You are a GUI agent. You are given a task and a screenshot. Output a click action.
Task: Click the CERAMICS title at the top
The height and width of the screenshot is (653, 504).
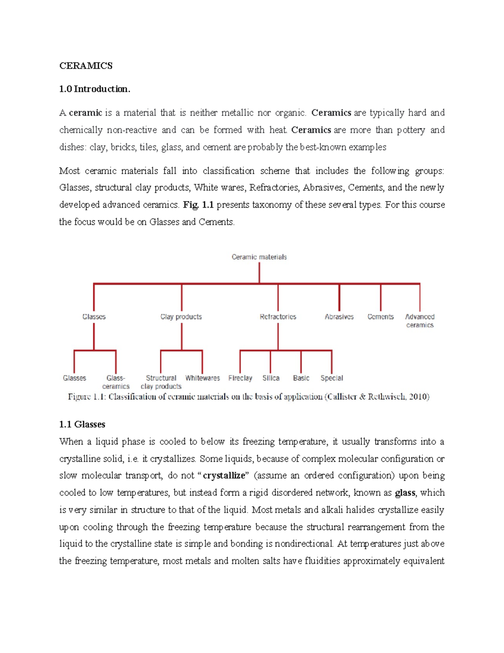[86, 66]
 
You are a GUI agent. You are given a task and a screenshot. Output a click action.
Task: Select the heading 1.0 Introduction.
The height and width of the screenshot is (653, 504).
[95, 89]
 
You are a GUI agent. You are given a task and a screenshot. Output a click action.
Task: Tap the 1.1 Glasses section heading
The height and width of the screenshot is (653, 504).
[82, 424]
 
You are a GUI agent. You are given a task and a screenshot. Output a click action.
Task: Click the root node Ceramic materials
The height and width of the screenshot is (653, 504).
[259, 257]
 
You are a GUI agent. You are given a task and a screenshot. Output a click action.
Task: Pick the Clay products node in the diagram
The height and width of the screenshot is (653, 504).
[181, 317]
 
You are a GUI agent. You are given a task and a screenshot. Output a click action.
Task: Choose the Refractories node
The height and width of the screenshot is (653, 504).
[278, 317]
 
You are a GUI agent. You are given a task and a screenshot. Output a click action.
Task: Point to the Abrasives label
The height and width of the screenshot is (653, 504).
[339, 317]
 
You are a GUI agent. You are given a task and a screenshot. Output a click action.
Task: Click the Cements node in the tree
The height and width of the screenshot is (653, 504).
[381, 317]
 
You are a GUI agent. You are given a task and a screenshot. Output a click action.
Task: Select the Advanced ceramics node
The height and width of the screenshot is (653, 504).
[420, 321]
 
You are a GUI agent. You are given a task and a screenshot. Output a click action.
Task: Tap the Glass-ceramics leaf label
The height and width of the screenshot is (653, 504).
[116, 382]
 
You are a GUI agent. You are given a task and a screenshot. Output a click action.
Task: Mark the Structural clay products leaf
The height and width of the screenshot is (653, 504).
[161, 382]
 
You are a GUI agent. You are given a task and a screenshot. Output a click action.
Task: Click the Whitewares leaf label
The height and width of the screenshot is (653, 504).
[202, 378]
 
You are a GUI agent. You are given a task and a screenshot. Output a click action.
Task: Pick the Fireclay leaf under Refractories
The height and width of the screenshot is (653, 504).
[240, 378]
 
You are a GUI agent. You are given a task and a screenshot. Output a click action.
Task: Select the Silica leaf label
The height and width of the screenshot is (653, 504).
[271, 378]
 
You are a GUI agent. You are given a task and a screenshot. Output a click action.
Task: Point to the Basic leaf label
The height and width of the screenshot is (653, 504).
[301, 378]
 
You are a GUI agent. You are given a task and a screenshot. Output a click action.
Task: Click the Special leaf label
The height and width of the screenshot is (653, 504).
[332, 378]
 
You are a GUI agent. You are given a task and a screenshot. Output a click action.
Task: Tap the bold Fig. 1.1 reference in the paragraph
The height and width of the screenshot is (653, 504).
[199, 205]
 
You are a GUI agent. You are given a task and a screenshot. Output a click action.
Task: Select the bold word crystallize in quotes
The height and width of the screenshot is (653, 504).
[224, 476]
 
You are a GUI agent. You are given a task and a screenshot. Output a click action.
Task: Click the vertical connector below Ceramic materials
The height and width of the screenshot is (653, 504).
[259, 272]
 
